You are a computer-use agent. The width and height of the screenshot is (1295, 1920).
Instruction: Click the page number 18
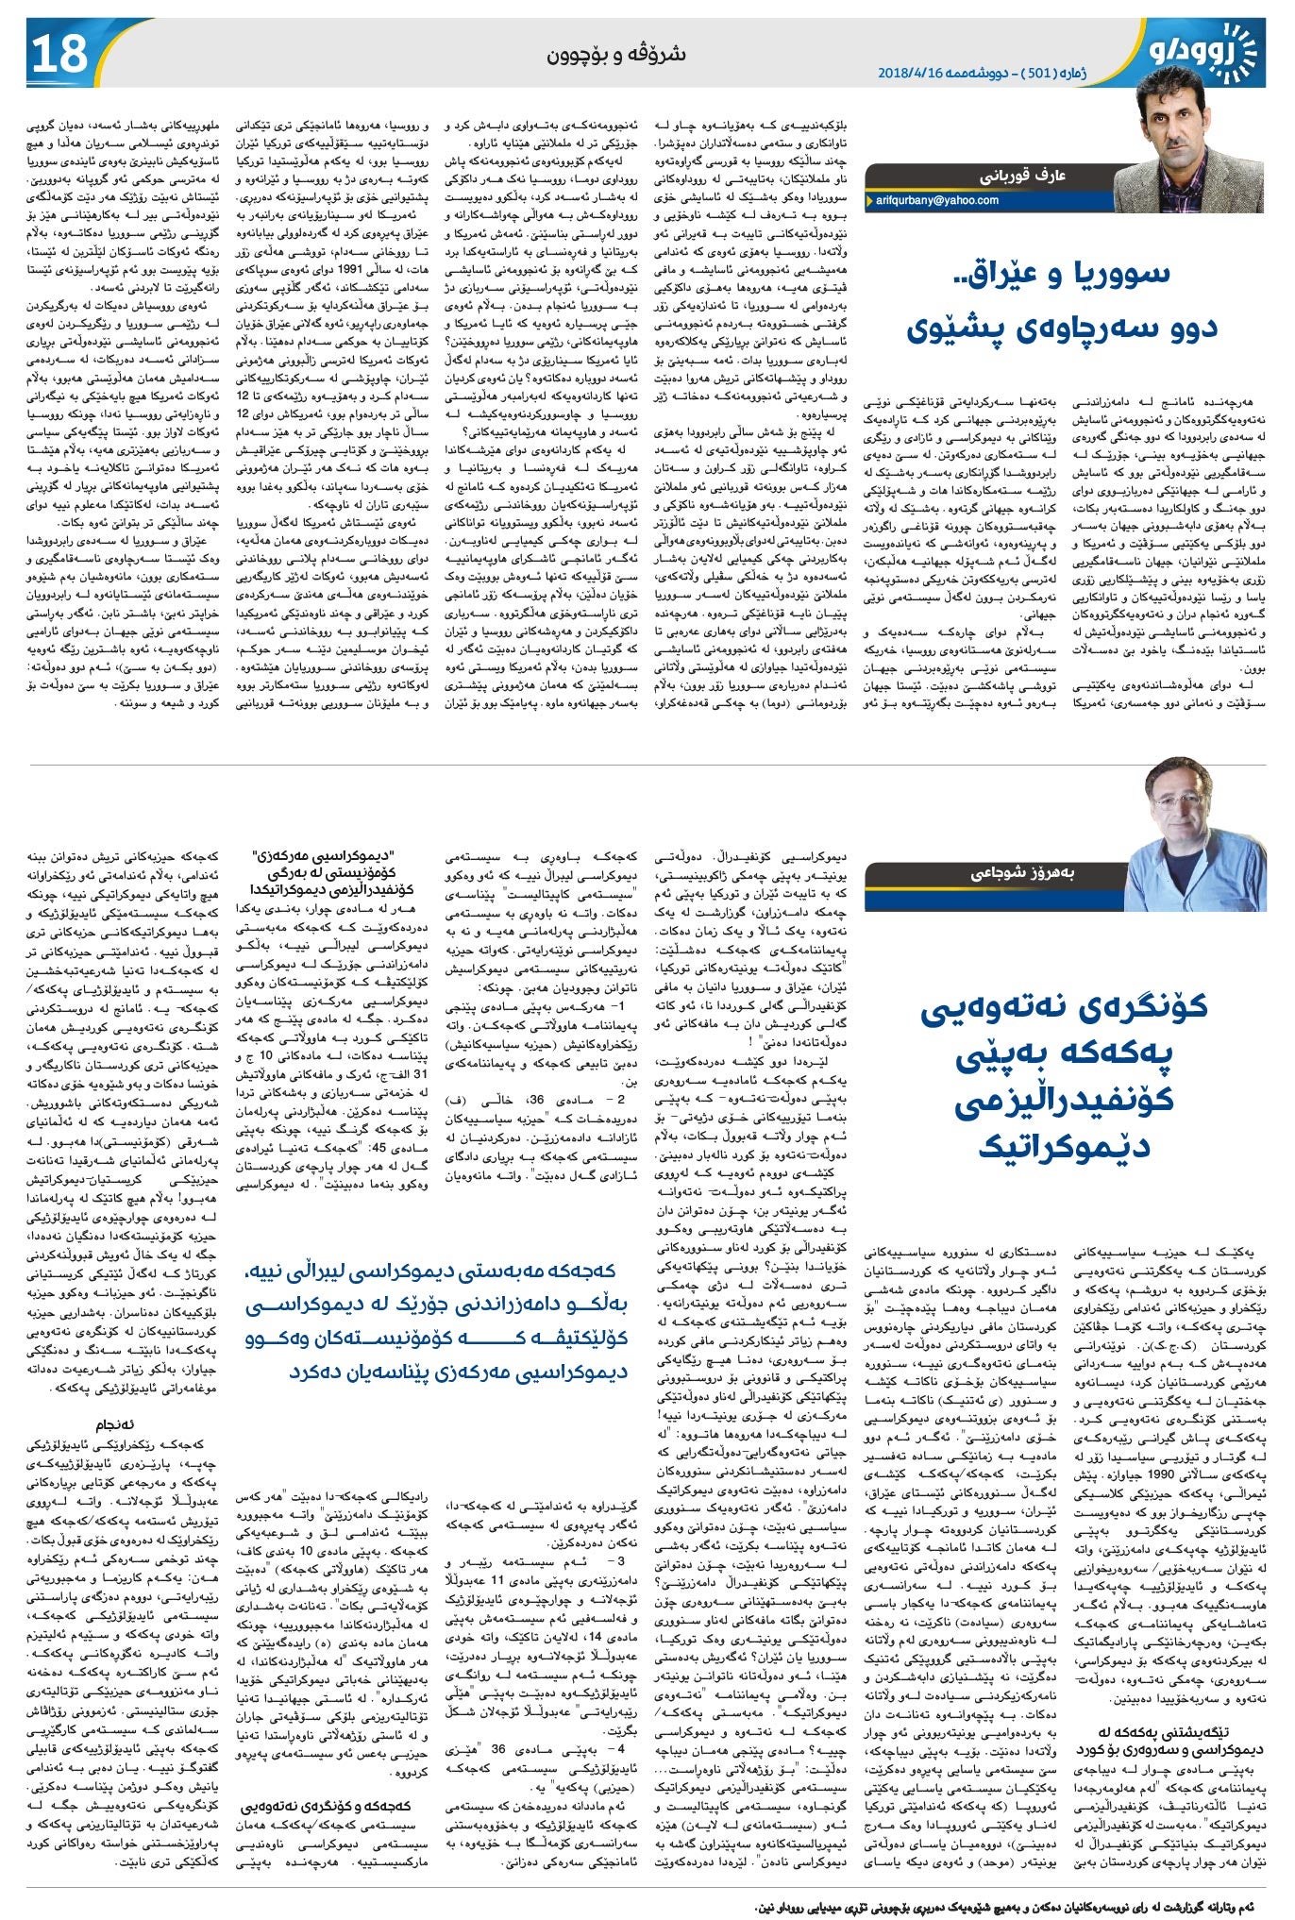[60, 55]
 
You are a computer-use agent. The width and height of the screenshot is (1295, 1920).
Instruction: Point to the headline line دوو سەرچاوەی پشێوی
[1062, 327]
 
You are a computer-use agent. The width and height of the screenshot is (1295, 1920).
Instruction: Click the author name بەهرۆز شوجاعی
[1027, 873]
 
